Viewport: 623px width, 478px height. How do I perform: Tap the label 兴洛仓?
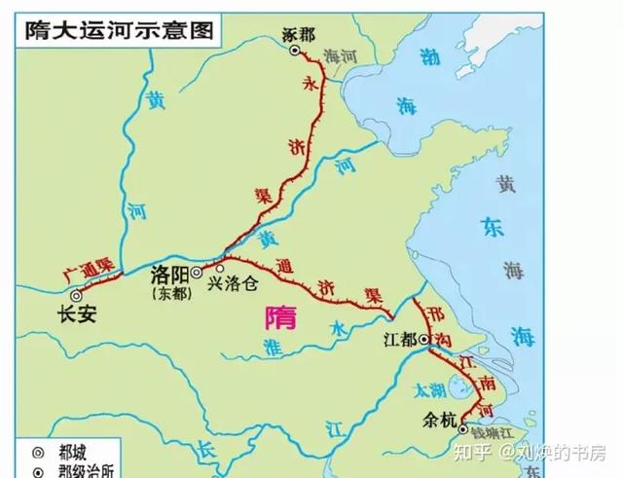pyautogui.click(x=233, y=283)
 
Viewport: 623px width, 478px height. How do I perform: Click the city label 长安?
pyautogui.click(x=77, y=314)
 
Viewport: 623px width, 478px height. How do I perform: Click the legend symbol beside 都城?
pyautogui.click(x=38, y=452)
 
